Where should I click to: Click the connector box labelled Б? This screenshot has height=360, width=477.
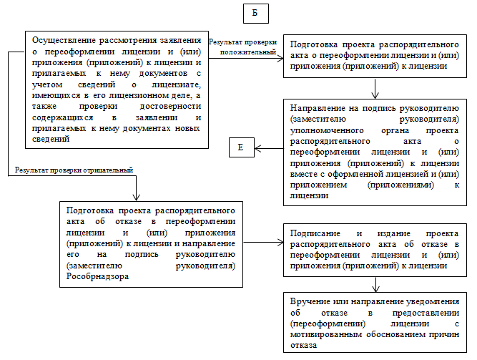coord(255,14)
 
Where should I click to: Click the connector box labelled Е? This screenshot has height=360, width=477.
coord(241,148)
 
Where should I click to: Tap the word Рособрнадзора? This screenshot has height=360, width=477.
coord(97,276)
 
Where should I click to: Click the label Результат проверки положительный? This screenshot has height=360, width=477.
coord(243,47)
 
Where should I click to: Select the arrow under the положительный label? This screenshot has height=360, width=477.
coord(243,57)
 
